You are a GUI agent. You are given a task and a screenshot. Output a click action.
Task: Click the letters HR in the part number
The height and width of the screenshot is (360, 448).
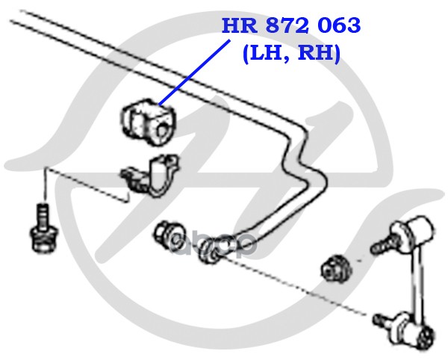[237, 26]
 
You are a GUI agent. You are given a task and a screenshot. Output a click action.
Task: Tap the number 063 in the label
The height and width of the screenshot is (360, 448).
[337, 26]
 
